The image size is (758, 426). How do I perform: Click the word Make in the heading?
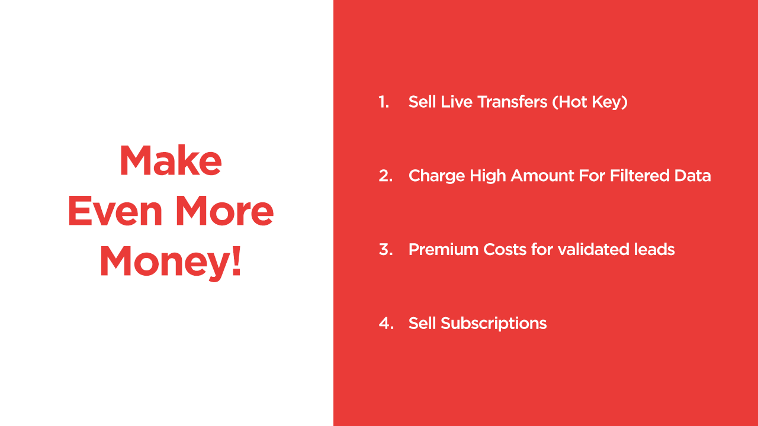(x=171, y=160)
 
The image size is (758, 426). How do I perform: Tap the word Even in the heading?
(x=115, y=211)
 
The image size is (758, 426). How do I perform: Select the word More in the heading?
(x=224, y=211)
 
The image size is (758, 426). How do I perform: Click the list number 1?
(x=384, y=102)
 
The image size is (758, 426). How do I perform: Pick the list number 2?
(x=386, y=176)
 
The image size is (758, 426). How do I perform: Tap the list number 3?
(x=386, y=250)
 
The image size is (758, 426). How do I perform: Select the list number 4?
(x=386, y=323)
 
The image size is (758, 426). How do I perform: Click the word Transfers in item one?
(x=512, y=102)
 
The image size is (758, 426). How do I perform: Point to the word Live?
(x=457, y=102)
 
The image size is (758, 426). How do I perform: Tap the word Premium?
(x=444, y=250)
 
